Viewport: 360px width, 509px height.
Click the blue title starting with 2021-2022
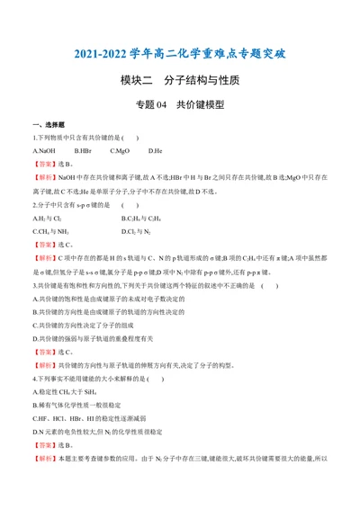coord(179,55)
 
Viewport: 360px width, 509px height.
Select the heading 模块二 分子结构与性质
coord(179,80)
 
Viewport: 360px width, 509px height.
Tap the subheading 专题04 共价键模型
coord(179,105)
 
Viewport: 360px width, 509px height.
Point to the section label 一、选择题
coord(47,124)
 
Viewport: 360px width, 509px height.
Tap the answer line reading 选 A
coord(51,165)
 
